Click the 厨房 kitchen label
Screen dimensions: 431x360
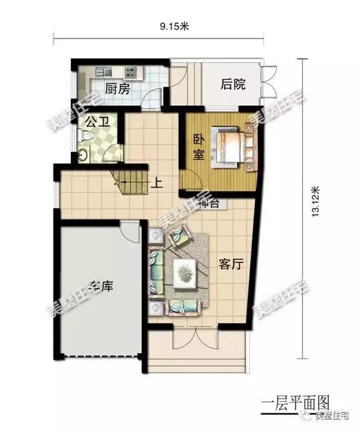coord(117,89)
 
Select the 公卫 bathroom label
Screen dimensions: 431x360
coord(95,121)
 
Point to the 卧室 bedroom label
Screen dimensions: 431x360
coord(199,148)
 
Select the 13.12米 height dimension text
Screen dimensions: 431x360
coord(315,204)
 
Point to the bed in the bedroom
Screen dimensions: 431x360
coord(233,145)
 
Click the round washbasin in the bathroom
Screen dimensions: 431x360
coord(82,155)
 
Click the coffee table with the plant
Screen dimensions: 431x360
coord(185,272)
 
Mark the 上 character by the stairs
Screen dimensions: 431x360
coord(155,183)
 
